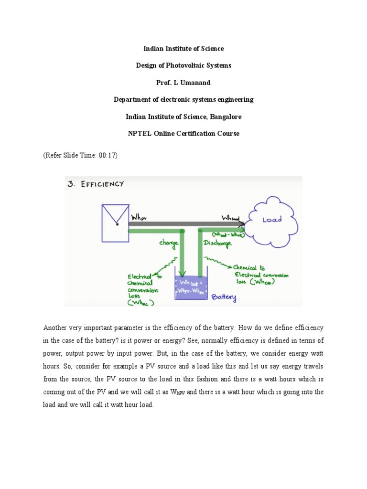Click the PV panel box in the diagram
[116, 223]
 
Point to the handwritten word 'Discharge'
[218, 243]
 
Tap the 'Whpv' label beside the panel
[139, 217]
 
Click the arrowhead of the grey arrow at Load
[242, 223]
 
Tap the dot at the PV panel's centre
[117, 223]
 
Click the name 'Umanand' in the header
[194, 83]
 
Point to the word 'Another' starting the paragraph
[56, 328]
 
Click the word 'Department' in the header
[132, 99]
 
